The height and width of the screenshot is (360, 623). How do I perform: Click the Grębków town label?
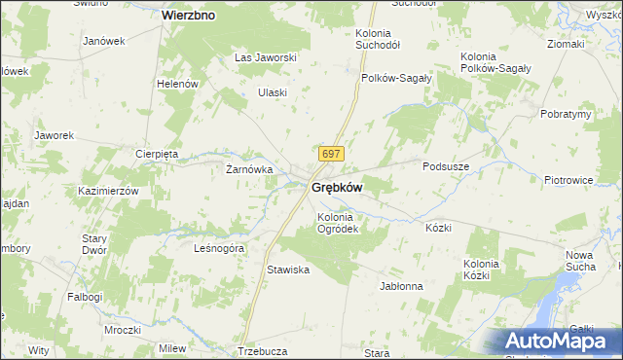[x=337, y=187]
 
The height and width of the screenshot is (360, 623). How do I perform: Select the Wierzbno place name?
[x=189, y=16]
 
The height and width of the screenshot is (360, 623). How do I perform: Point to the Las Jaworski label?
[x=265, y=57]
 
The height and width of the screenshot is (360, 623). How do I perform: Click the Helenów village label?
[x=177, y=84]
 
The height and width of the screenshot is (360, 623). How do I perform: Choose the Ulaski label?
[x=272, y=92]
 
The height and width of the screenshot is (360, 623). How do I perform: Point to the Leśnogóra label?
[x=219, y=247]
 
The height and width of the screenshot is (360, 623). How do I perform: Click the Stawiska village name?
[x=288, y=270]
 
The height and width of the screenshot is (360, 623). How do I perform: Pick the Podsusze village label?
[x=448, y=166]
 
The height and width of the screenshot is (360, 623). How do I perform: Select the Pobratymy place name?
[x=566, y=114]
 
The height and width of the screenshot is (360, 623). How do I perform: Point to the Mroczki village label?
[x=123, y=330]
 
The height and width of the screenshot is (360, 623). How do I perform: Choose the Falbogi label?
[x=85, y=296]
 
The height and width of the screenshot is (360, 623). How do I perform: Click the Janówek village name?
[x=105, y=41]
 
